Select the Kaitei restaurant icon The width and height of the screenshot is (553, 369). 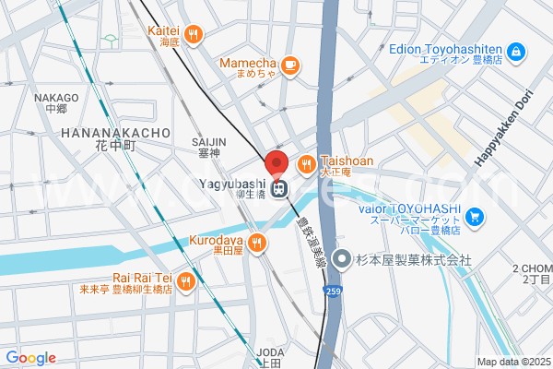click(x=193, y=35)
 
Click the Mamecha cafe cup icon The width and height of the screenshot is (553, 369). click(x=289, y=64)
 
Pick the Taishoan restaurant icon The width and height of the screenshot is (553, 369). click(x=307, y=164)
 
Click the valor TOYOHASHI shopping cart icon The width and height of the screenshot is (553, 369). click(x=475, y=217)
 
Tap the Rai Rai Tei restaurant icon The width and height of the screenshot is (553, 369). click(x=186, y=280)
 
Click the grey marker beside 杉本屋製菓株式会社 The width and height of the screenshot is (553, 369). click(x=342, y=260)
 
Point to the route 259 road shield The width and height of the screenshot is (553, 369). click(x=331, y=292)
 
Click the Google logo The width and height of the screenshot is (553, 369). click(x=30, y=358)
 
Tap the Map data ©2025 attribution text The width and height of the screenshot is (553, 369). click(x=513, y=362)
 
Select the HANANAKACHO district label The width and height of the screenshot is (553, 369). click(x=115, y=134)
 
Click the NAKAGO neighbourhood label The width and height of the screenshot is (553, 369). click(x=56, y=98)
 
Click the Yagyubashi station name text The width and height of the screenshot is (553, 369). click(x=231, y=184)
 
